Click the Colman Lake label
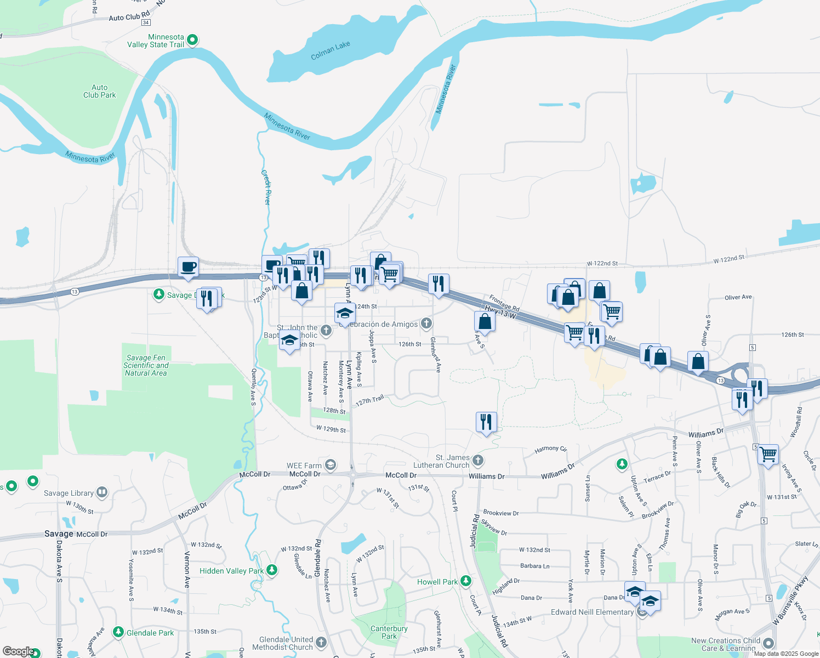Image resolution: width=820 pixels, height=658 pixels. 330,50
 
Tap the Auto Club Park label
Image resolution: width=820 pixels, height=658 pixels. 100,91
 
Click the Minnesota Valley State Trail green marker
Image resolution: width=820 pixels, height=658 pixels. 192,40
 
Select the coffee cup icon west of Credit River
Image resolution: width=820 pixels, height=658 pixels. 188,266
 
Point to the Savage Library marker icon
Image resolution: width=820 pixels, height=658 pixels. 101,492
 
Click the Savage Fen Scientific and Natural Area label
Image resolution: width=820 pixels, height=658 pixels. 146,365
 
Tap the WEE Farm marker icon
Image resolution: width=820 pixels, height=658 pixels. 330,466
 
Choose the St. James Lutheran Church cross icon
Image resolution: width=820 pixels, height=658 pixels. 478,461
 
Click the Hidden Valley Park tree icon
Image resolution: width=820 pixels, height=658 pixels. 272,571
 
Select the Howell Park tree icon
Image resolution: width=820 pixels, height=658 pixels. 466,581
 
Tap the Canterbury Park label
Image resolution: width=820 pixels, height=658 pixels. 389,632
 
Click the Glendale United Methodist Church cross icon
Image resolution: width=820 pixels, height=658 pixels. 321,642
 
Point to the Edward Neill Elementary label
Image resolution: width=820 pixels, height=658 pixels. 592,612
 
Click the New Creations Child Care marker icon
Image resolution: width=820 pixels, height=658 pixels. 768,643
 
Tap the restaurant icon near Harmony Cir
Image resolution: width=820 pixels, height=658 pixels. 486,422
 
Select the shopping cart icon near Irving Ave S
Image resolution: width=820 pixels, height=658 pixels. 768,453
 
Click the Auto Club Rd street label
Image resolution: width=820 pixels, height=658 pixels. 129,16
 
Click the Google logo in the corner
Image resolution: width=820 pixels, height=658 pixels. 18,651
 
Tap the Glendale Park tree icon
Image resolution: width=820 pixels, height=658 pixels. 118,632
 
